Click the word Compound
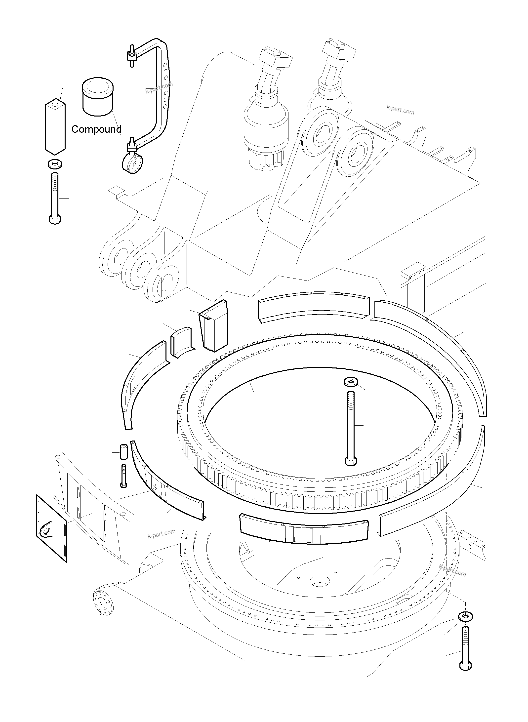click(x=96, y=129)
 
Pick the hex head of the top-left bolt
click(x=55, y=220)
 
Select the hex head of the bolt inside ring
click(x=351, y=462)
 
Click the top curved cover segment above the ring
click(x=313, y=306)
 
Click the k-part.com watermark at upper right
click(x=400, y=110)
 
